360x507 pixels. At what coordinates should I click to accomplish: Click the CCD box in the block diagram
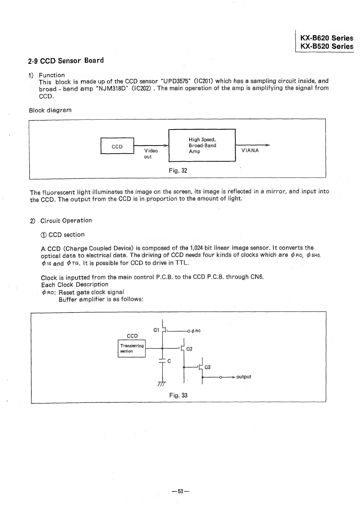coord(117,146)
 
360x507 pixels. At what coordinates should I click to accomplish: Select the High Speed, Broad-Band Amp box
coord(202,145)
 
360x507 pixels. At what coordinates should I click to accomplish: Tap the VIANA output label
coord(250,151)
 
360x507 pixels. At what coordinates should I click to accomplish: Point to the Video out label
coord(151,154)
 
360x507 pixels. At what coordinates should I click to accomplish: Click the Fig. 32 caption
coord(178,171)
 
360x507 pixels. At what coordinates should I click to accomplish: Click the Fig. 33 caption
coord(178,395)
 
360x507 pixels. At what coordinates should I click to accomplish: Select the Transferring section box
coord(132,348)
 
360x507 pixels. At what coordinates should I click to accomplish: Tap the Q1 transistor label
coord(156,330)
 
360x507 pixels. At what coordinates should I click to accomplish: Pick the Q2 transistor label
coord(190,349)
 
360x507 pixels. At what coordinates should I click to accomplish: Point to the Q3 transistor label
coord(207,367)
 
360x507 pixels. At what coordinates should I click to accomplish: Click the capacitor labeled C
coord(163,361)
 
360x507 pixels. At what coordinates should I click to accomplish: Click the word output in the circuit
coord(244,377)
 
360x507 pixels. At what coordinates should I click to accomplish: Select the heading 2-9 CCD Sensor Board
coord(66,61)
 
